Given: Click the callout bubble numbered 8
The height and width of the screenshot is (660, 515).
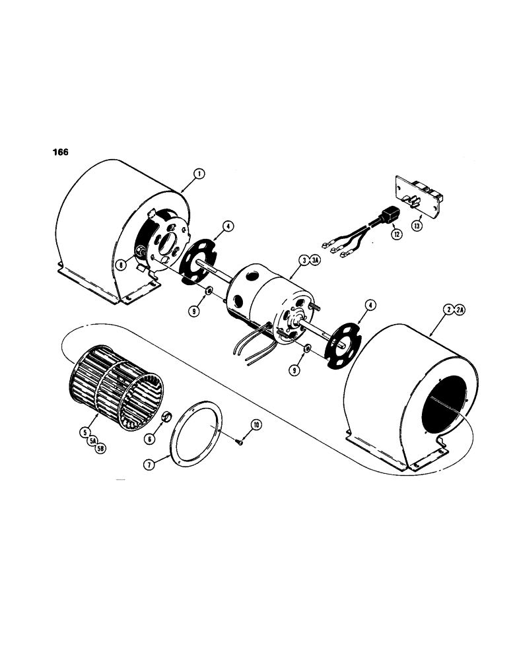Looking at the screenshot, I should point(121,264).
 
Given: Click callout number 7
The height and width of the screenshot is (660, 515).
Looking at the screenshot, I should point(151,465).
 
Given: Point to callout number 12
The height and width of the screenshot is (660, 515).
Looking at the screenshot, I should point(397,234).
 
